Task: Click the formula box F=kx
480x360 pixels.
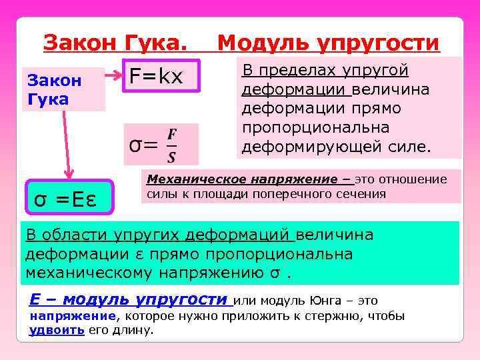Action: [157, 77]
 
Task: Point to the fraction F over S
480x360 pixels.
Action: [171, 144]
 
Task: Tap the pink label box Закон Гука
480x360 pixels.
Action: [63, 90]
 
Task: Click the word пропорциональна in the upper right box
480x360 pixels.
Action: [307, 127]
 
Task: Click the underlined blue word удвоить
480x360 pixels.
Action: [57, 330]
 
